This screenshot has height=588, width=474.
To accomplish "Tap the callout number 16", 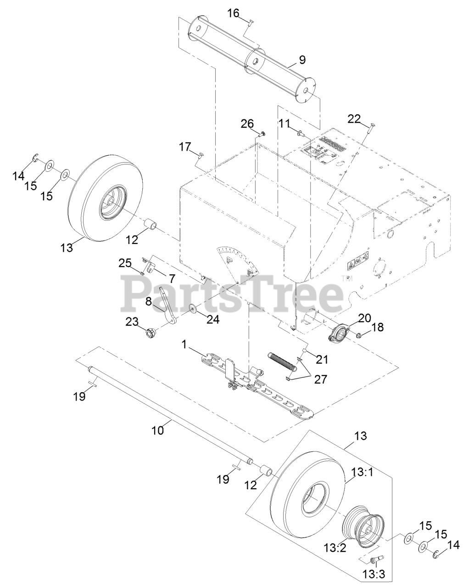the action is [x=234, y=13].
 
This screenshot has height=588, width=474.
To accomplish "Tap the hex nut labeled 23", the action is [x=151, y=333].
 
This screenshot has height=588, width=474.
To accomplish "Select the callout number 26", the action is [x=247, y=124].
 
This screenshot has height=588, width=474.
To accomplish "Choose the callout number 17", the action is [x=184, y=147].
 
